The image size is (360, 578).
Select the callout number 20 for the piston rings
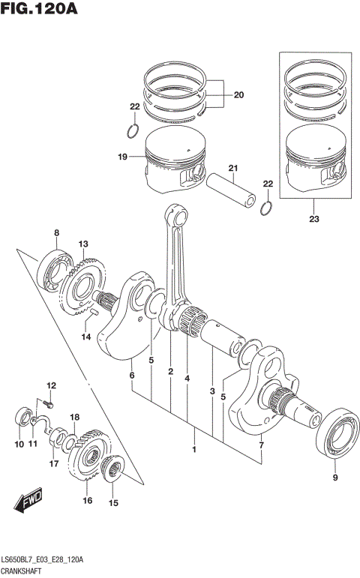tap(238, 95)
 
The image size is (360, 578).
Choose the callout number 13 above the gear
tap(83, 244)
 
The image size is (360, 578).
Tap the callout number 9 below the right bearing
tap(335, 478)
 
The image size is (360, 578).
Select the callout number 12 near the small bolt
tap(52, 385)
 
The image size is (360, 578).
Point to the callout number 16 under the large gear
tap(87, 500)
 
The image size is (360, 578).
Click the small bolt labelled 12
tap(44, 403)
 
